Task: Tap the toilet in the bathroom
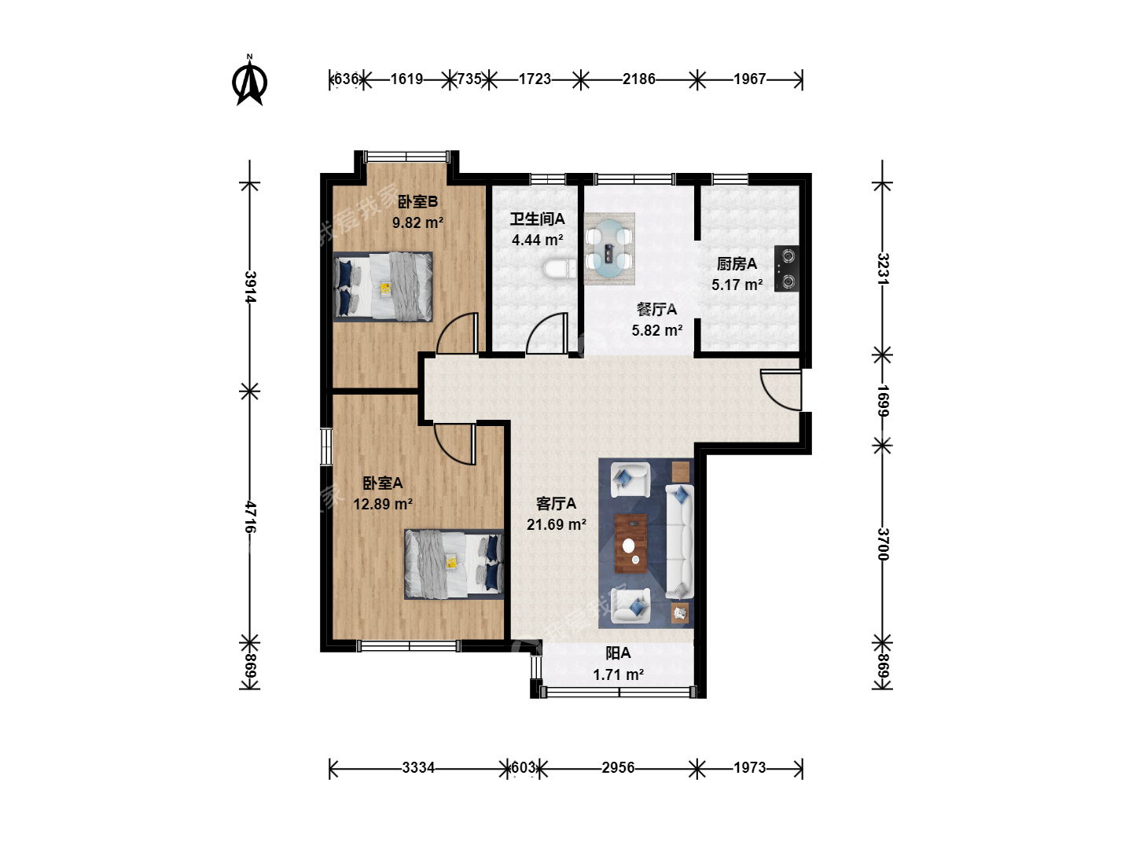pos(560,269)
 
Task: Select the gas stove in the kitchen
pos(786,269)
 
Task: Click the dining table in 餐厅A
pos(609,248)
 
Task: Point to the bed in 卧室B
pos(383,287)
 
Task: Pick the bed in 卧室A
pos(454,564)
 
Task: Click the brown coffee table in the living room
pos(630,544)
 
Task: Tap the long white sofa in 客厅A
pos(680,542)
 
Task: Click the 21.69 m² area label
pos(556,525)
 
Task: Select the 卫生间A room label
pos(538,219)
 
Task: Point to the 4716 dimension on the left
pos(250,517)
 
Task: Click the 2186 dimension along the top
pos(638,79)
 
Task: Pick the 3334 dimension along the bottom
pos(418,768)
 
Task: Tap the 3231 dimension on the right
pos(883,269)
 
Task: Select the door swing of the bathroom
pos(547,333)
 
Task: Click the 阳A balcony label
pos(618,653)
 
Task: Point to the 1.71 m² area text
pos(618,674)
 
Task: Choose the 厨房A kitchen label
pos(737,264)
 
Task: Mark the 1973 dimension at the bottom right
pos(750,768)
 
